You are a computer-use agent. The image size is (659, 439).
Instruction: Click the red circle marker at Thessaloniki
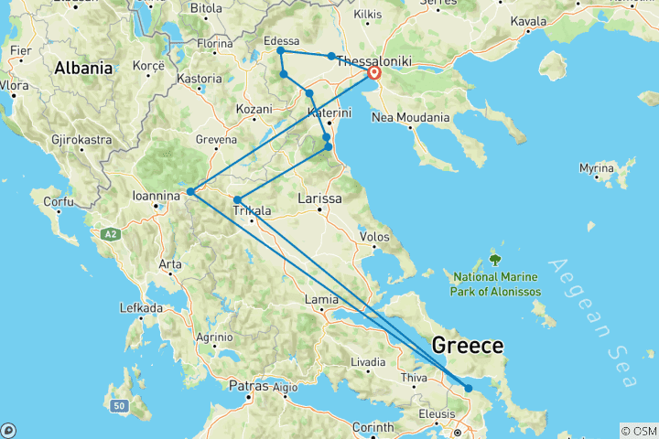pos(374,73)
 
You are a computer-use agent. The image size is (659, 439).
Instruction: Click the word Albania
pos(83,68)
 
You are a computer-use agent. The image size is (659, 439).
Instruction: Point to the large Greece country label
pos(467,346)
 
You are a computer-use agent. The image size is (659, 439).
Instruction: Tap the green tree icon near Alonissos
pos(495,260)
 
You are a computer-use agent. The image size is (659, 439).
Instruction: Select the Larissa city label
pos(320,198)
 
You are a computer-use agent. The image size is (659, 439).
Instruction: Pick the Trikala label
pos(252,210)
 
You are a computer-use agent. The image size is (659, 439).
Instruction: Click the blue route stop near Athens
pos(469,389)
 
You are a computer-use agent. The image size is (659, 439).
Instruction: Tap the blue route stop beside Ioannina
pos(190,192)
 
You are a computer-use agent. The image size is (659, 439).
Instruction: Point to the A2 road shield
pos(112,235)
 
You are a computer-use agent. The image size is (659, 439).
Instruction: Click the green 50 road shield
pos(117,405)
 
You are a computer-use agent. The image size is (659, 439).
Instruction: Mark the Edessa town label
pos(280,41)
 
